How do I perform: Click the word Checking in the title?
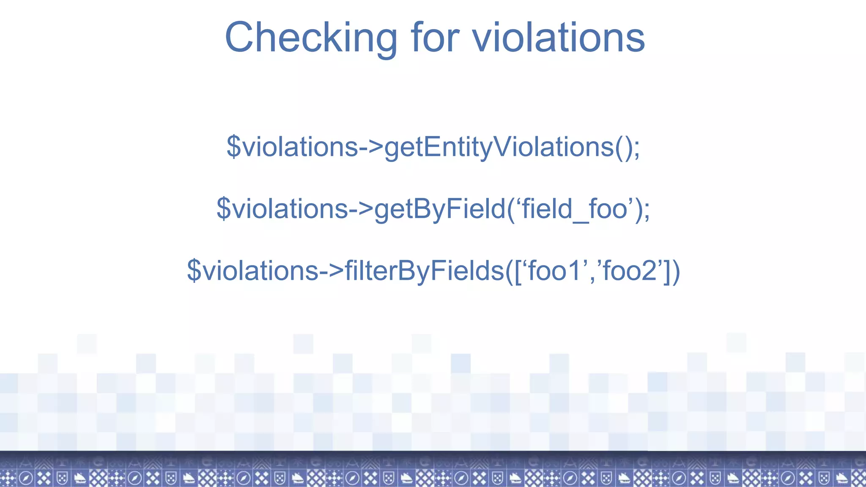click(311, 38)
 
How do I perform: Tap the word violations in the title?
click(558, 38)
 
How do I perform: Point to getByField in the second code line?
click(440, 209)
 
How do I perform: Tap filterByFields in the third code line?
click(425, 271)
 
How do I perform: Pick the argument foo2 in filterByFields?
click(630, 271)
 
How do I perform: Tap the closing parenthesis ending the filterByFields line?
click(676, 271)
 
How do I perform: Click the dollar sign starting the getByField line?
click(223, 209)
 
